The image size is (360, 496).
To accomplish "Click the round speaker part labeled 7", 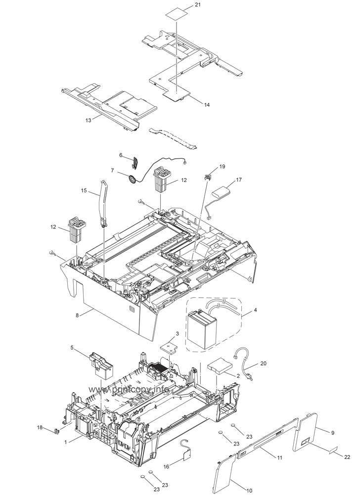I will tap(132, 180).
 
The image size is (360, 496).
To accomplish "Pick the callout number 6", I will tap(120, 155).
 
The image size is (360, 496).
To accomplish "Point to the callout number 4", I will tap(255, 311).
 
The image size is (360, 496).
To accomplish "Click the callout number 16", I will tap(166, 466).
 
